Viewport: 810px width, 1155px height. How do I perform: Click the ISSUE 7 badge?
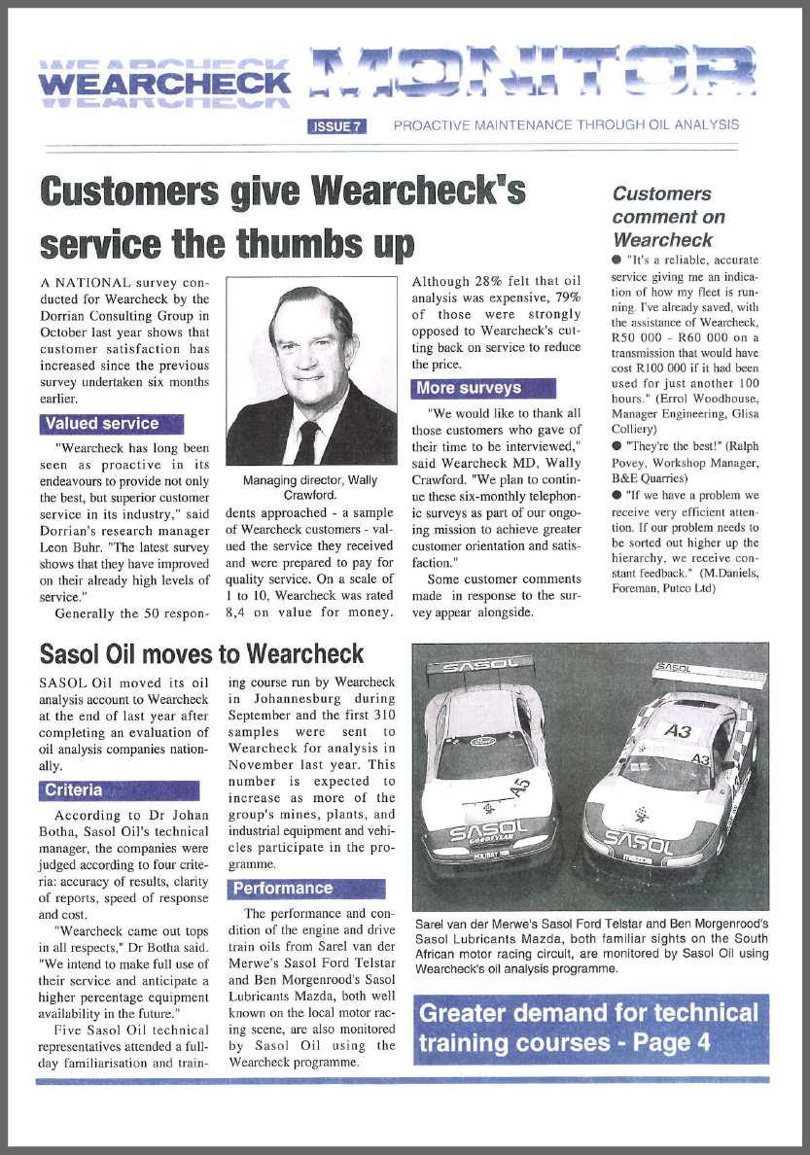[336, 125]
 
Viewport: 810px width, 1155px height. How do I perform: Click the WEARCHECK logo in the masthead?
[164, 86]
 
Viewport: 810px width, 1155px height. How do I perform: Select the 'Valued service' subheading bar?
[111, 423]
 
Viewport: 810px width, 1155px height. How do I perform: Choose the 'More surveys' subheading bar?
[483, 388]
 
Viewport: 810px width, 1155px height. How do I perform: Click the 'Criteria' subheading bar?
[118, 790]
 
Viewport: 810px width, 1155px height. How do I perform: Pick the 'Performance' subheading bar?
[306, 888]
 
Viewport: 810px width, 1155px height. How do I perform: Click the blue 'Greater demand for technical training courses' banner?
[590, 1028]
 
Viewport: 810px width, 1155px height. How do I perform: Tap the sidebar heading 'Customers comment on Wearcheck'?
[669, 216]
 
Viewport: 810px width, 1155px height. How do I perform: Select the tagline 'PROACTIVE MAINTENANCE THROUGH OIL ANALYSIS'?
[566, 124]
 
